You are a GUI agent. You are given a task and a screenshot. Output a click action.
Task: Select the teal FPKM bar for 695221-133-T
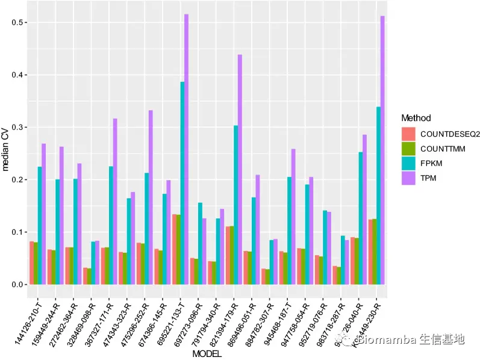point(182,183)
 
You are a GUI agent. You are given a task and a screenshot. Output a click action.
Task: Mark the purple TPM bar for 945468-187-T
point(293,217)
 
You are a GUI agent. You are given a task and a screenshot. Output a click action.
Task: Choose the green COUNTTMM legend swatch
point(410,148)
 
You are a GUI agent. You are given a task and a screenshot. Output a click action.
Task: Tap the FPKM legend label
point(431,163)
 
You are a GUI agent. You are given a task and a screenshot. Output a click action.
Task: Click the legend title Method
point(416,118)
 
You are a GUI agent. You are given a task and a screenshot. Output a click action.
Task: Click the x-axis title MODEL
point(207,355)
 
